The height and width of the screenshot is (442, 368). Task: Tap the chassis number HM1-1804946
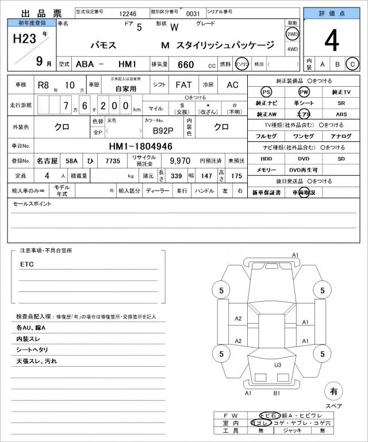(x=141, y=147)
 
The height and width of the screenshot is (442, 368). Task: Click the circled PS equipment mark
(x=266, y=92)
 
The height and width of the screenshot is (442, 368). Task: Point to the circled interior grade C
(x=353, y=63)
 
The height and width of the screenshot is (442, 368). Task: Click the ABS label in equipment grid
(x=341, y=114)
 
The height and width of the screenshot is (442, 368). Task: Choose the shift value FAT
(x=183, y=84)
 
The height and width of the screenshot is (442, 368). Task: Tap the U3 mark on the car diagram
(x=277, y=364)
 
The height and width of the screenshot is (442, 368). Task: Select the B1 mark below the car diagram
(x=277, y=394)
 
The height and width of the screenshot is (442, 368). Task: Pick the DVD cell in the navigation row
(x=303, y=158)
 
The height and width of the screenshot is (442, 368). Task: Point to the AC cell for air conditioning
(x=232, y=84)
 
